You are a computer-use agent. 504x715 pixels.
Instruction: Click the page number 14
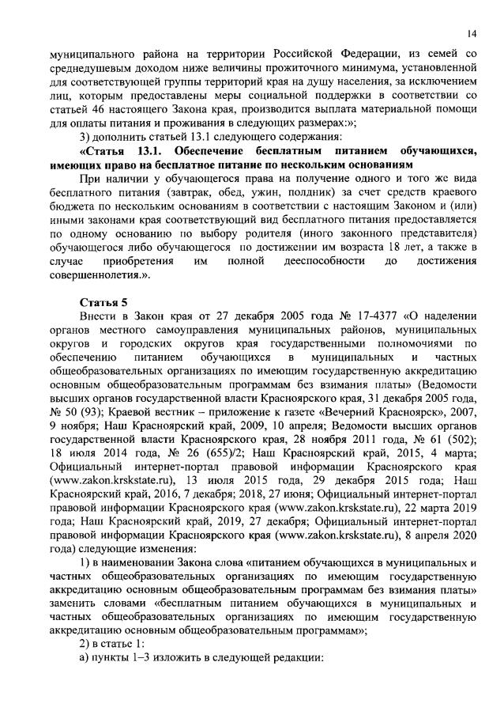[471, 32]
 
